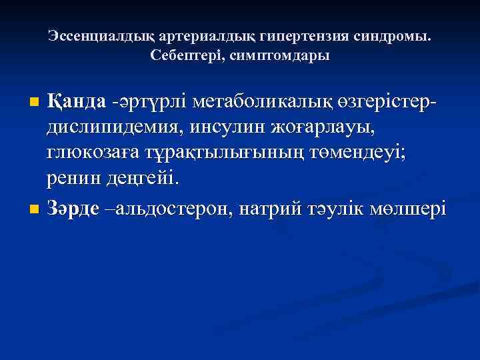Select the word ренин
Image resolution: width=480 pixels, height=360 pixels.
pos(73,179)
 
